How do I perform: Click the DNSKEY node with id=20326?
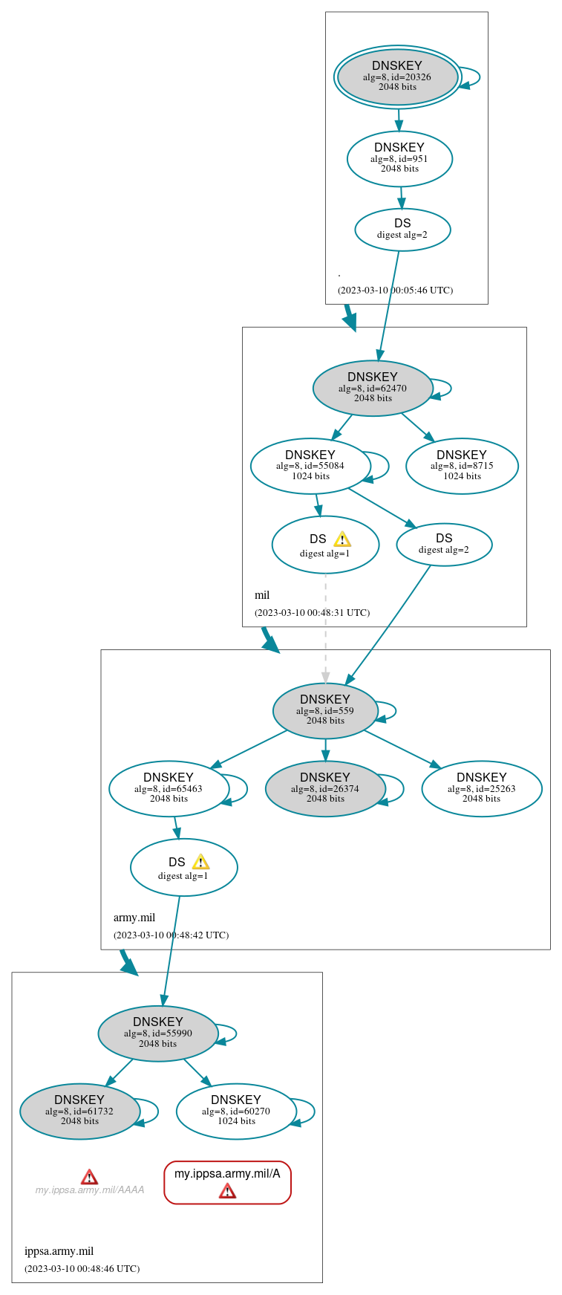397,77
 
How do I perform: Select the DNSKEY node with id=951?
399,158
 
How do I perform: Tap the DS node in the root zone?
402,230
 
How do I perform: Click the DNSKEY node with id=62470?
373,388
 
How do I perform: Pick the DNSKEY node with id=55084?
310,466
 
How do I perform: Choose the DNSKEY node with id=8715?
462,466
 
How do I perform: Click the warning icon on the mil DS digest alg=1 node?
342,539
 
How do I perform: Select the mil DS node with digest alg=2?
444,545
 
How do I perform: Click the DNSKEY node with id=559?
325,710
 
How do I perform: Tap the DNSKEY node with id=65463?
169,788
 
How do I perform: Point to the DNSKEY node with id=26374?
325,788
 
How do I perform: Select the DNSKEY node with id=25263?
482,788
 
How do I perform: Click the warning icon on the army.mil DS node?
201,863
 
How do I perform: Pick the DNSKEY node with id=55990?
157,1033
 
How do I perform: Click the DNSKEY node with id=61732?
79,1111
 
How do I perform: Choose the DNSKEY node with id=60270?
236,1111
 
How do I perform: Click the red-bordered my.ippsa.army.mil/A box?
227,1181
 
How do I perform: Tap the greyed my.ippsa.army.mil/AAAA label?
90,1189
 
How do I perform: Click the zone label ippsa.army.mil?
59,1251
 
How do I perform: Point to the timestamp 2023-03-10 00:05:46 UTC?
395,290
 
